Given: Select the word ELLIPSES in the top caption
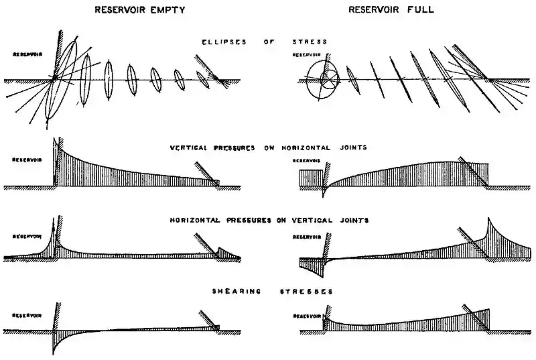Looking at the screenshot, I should pyautogui.click(x=222, y=42).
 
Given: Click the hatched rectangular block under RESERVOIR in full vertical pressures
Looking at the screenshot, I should pyautogui.click(x=310, y=178).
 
